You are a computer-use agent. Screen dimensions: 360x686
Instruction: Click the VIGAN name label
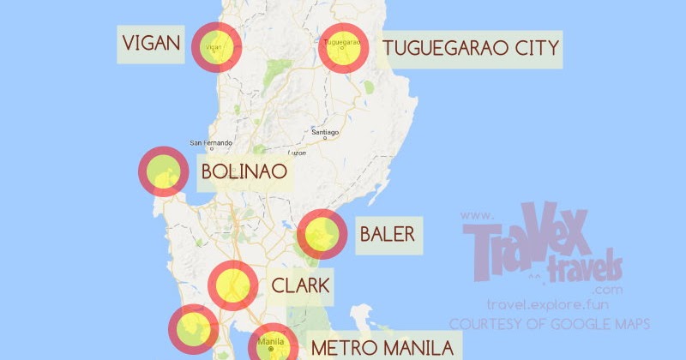(151, 44)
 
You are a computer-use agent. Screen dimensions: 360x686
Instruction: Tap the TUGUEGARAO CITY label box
(471, 47)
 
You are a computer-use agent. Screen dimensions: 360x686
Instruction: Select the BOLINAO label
(243, 172)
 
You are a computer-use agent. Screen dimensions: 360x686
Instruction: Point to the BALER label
(387, 234)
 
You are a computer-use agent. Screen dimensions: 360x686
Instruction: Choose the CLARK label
(300, 285)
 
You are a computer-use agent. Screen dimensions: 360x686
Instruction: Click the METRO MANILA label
(381, 348)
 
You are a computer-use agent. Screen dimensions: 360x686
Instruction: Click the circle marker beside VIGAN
(215, 46)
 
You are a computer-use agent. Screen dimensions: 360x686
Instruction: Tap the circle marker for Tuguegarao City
(344, 46)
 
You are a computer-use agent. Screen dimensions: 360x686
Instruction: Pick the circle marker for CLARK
(233, 285)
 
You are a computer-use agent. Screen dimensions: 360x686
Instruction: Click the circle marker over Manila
(273, 345)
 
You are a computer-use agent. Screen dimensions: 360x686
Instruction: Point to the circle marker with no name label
(194, 330)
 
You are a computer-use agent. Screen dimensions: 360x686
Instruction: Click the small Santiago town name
(326, 133)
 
